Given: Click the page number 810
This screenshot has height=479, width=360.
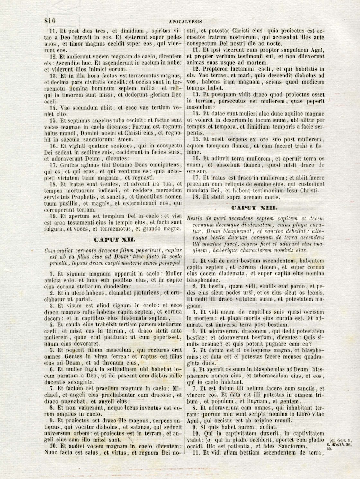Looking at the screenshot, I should (x=50, y=21).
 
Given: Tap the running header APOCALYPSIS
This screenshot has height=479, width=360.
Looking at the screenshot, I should (x=185, y=22).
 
